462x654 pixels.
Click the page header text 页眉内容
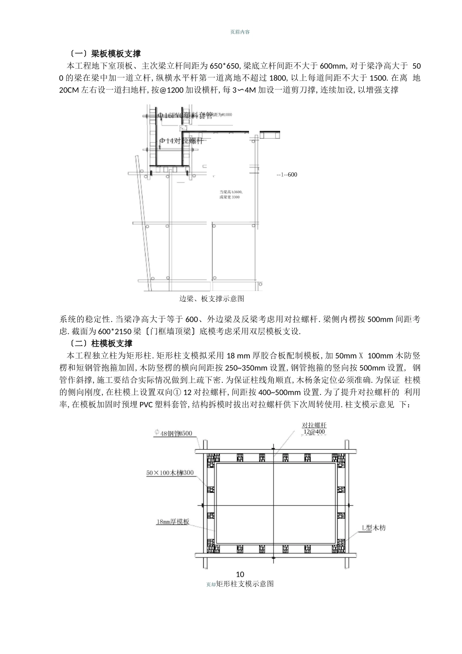pos(240,32)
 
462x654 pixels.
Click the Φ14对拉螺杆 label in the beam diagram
pos(181,141)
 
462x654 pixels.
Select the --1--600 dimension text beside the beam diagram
pos(286,175)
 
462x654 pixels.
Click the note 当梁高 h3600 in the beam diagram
pos(231,192)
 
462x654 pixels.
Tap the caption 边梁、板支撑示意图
pos(212,298)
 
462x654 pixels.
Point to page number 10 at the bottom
pos(240,574)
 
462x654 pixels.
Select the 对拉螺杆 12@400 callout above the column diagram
pos(314,428)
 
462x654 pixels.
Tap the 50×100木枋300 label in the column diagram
pos(170,472)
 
